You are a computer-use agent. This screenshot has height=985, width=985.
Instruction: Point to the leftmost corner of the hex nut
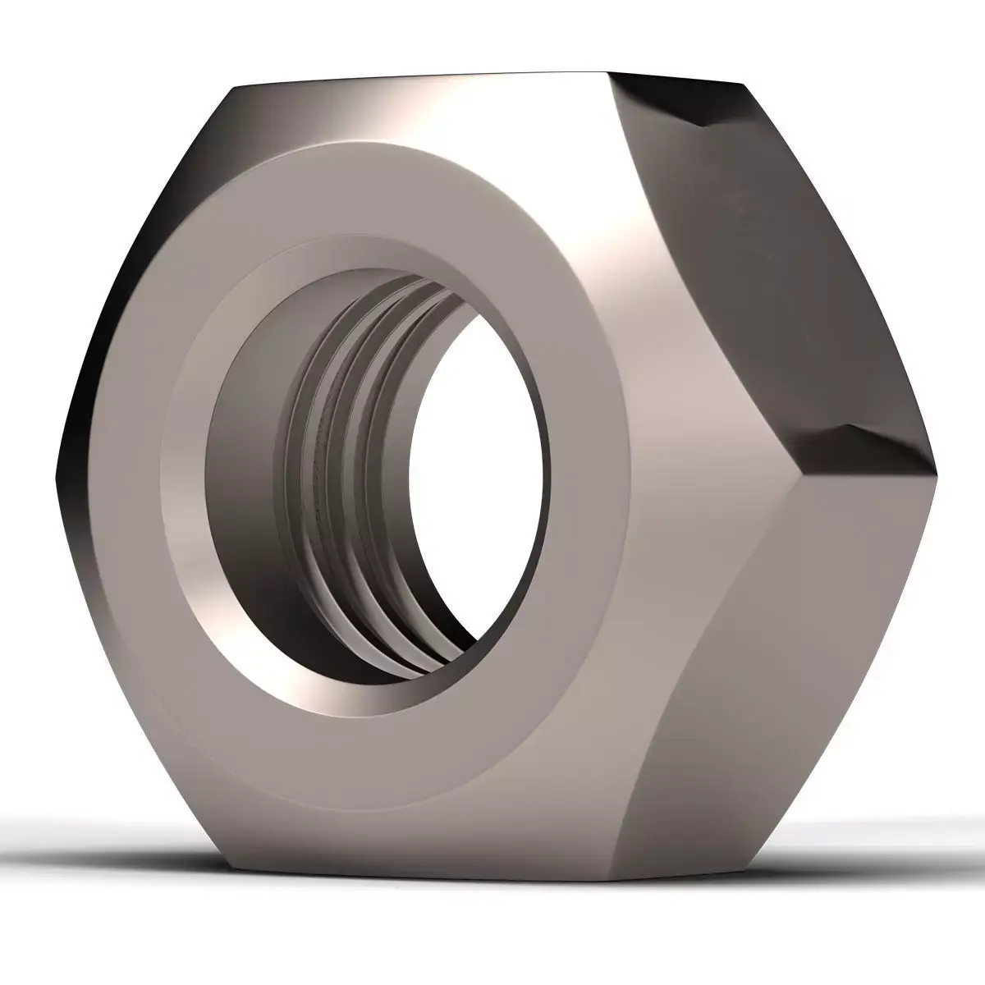click(x=57, y=476)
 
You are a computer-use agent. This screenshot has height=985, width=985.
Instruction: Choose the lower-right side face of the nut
click(x=788, y=657)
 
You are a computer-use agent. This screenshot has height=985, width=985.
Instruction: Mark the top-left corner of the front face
click(x=234, y=86)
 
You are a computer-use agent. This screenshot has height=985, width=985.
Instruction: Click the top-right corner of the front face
click(x=607, y=76)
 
